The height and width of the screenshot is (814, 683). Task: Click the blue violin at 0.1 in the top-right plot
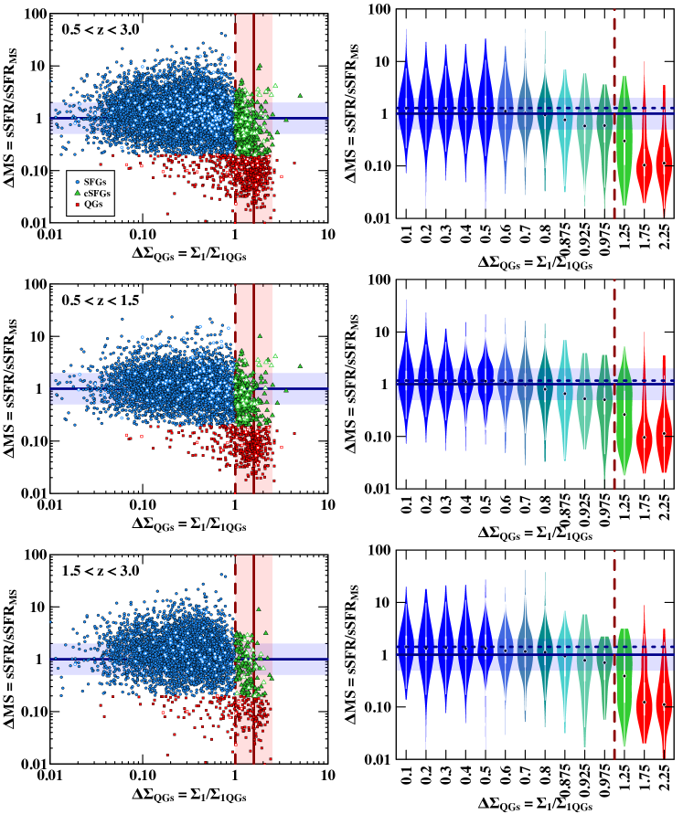pos(406,110)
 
